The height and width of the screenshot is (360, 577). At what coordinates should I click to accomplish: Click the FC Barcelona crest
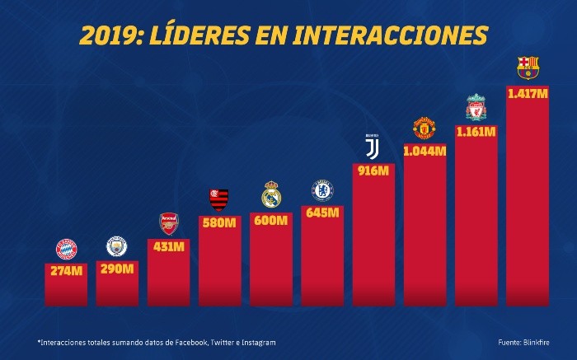tap(528, 68)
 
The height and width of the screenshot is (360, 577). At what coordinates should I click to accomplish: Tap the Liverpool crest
tap(476, 107)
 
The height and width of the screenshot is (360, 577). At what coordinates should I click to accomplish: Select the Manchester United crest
tap(425, 129)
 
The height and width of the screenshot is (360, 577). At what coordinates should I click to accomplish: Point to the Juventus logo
tap(373, 147)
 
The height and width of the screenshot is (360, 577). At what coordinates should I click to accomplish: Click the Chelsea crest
tap(321, 190)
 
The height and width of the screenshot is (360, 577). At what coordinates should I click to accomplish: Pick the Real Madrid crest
tap(271, 194)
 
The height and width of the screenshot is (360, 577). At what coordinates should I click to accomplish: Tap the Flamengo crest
tap(218, 199)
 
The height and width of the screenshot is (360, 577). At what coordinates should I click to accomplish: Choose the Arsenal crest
tap(168, 224)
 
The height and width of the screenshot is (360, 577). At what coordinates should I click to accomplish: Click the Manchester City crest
tap(116, 246)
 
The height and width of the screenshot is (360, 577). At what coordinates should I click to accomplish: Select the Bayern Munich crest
tap(65, 249)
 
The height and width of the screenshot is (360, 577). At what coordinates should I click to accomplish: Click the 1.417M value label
tap(528, 94)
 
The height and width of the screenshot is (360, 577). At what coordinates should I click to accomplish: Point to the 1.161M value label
tap(476, 131)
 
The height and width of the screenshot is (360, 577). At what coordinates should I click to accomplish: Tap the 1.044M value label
tap(425, 151)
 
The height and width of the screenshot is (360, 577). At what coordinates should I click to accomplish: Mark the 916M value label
tap(373, 170)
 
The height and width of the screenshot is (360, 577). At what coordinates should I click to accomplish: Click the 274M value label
tap(66, 271)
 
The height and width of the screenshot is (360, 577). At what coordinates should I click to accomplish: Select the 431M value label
tap(168, 247)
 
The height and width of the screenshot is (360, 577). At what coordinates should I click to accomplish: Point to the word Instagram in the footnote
tap(256, 342)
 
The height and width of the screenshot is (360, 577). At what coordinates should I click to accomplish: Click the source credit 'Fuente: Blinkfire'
tap(525, 342)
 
